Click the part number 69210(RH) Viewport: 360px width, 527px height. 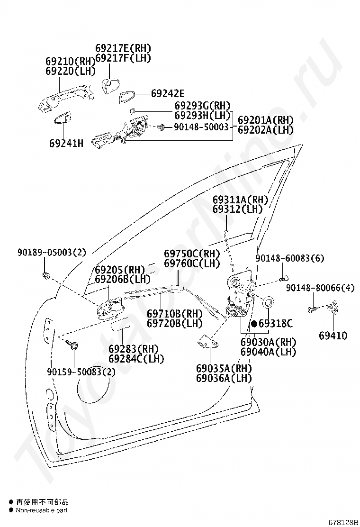pos(71,62)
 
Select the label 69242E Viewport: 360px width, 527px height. pos(168,94)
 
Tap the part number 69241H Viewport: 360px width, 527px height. pos(66,143)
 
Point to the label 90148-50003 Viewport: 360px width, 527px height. pos(201,127)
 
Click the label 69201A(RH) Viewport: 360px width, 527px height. pos(265,120)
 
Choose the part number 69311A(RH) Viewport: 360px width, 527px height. pos(240,200)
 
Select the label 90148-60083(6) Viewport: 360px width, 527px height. pos(290,258)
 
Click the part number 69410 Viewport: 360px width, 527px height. pos(333,336)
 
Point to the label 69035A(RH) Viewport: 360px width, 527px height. pos(224,368)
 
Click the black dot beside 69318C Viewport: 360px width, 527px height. pos(254,324)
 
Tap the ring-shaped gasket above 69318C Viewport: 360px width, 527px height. pos(268,302)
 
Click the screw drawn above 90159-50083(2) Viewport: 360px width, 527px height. pos(73,345)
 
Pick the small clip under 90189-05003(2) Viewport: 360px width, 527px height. pos(46,275)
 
